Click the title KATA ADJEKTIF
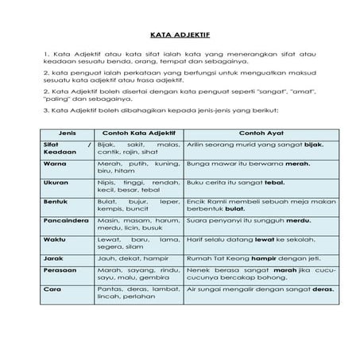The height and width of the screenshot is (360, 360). coord(180,36)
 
